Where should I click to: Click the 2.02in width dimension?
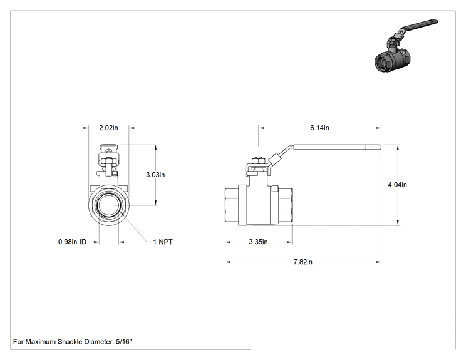click(x=108, y=128)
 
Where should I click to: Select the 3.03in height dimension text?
click(x=155, y=175)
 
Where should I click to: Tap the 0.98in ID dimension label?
click(x=72, y=242)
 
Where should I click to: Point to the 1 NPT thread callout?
click(x=163, y=242)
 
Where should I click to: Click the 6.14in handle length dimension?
click(x=319, y=128)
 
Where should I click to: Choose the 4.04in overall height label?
click(x=397, y=185)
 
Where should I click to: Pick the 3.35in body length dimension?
click(x=258, y=242)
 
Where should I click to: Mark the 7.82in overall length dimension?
click(x=303, y=262)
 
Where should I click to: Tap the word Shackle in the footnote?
click(x=70, y=342)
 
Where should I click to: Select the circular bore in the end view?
click(x=108, y=205)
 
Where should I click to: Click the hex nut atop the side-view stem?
click(x=258, y=161)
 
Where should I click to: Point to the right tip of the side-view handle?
click(x=381, y=147)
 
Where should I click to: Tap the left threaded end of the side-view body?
click(x=232, y=205)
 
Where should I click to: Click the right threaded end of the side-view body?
click(x=285, y=205)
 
